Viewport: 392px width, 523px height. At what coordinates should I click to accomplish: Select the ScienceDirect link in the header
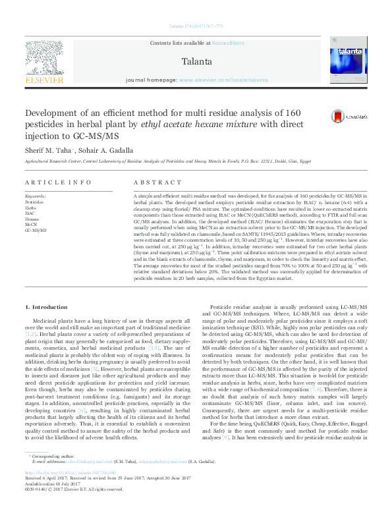tap(227, 43)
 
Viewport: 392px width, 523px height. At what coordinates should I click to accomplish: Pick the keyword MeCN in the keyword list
tap(31, 225)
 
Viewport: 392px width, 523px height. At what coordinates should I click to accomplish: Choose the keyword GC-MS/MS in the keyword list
tap(36, 231)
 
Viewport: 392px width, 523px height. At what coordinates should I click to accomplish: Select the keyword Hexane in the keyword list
tap(32, 219)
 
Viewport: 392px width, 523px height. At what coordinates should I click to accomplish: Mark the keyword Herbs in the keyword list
tap(31, 207)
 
